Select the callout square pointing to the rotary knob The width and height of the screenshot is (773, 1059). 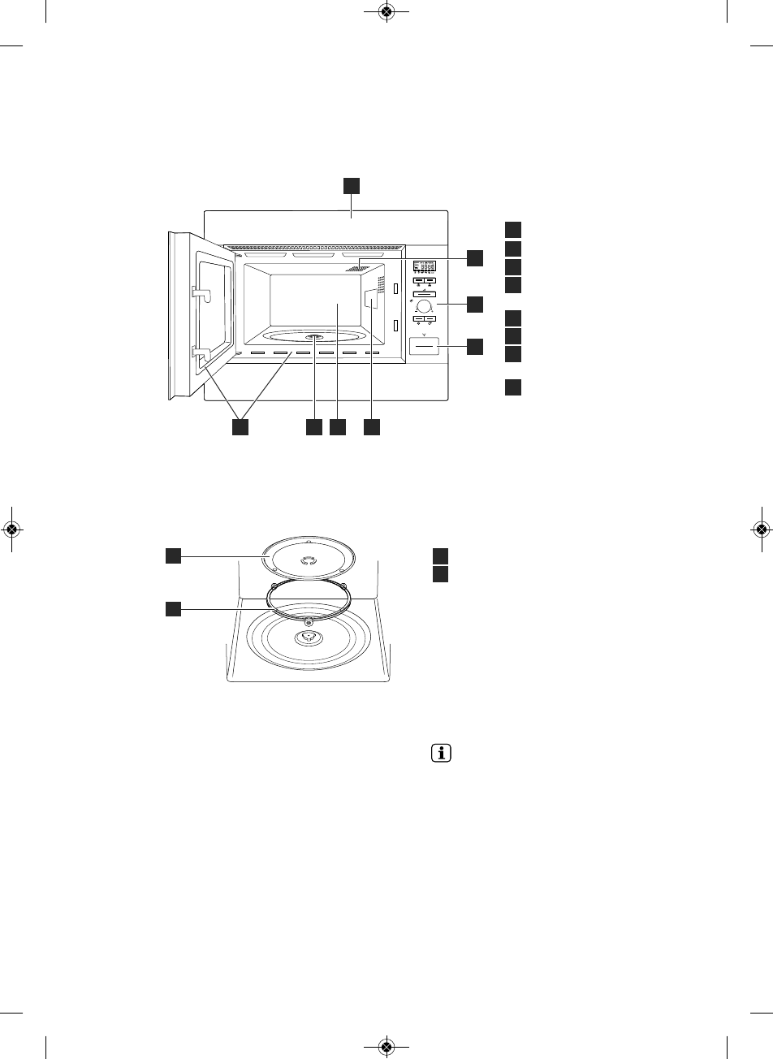(475, 305)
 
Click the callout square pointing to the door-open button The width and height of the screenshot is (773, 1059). (475, 347)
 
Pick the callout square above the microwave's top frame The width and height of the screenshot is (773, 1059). (351, 186)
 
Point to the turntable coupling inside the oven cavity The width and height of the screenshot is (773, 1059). (314, 338)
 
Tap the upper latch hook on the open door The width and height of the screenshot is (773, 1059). (201, 292)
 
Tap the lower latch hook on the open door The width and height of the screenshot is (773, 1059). (201, 352)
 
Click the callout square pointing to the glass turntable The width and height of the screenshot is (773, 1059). (172, 555)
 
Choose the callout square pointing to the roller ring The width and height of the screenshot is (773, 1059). (172, 607)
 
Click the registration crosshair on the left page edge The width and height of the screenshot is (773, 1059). (11, 529)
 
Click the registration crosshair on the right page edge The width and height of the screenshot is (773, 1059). (762, 529)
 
